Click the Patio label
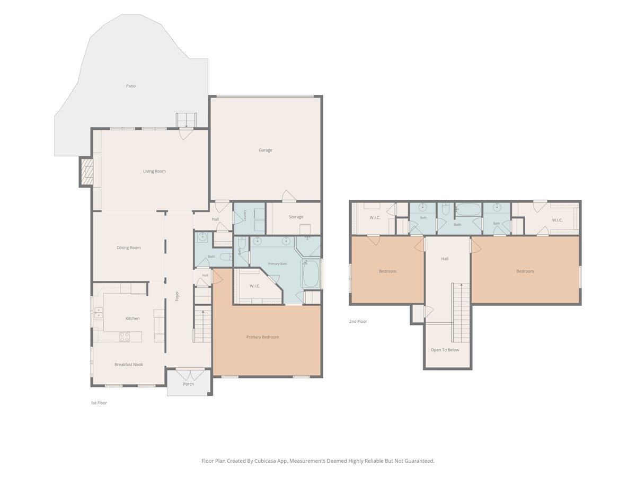pos(131,86)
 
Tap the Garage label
pos(265,150)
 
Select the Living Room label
pos(154,171)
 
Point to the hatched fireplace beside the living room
pos(87,172)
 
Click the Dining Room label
pos(129,248)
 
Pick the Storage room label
pos(296,217)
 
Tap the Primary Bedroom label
pos(262,337)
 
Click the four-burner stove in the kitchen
pos(125,337)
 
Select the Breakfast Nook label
pos(129,364)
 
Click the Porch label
pos(188,384)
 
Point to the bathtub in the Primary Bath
pos(311,273)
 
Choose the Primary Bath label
pos(277,263)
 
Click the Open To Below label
pos(445,350)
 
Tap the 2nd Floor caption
pos(358,321)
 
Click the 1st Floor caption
pos(99,403)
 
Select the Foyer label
pos(177,296)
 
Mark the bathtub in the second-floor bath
pos(468,209)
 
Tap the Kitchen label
pos(132,319)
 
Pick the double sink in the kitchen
pos(98,313)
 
